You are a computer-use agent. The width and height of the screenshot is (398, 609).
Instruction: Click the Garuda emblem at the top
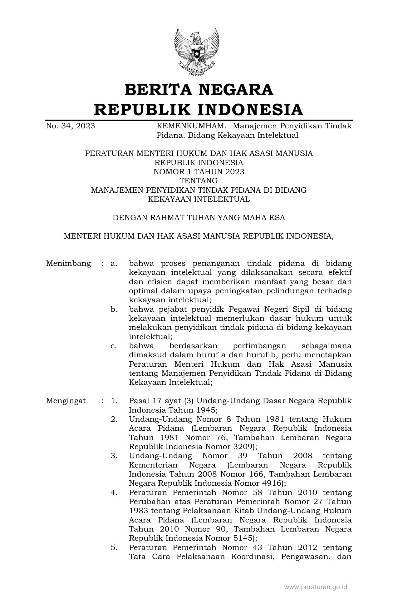pos(197,51)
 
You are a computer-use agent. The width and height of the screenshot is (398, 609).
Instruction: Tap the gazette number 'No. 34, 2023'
pos(71,126)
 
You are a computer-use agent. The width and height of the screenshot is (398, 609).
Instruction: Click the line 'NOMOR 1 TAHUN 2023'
pos(199,172)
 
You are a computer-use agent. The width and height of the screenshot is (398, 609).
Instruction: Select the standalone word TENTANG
pos(199,181)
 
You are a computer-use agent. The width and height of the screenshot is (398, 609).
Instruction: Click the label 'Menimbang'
pos(69,263)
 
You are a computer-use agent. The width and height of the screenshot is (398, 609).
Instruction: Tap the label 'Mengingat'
pos(66,401)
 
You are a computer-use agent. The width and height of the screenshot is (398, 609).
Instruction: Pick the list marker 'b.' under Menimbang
pos(114,309)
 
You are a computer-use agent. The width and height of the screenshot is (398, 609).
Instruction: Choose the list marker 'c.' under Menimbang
pos(114,346)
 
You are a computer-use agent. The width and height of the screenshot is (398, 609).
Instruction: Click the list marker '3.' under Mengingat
pos(114,456)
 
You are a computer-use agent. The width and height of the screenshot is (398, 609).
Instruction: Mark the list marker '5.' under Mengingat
pos(114,548)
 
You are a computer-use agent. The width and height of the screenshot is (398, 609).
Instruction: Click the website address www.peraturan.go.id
pos(316,587)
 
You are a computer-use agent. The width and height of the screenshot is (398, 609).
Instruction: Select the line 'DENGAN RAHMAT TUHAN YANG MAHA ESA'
pos(199,218)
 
